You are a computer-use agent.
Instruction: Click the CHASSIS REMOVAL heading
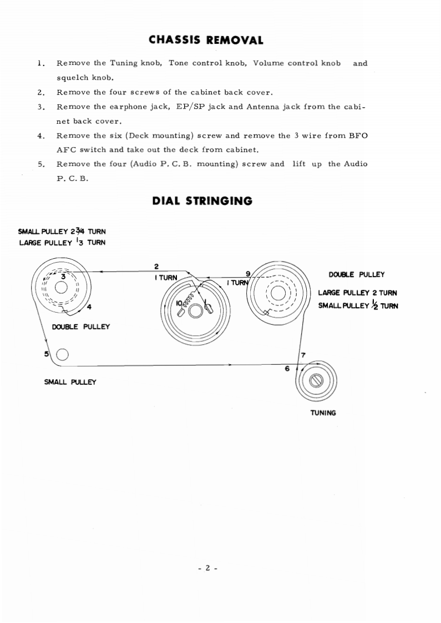point(206,40)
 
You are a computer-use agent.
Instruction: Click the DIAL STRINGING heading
point(202,201)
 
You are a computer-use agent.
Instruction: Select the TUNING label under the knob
point(323,413)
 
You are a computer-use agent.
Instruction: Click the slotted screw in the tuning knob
point(317,381)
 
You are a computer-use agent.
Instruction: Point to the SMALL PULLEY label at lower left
point(70,382)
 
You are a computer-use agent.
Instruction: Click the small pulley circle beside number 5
point(63,354)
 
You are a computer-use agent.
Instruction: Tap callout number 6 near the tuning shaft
point(287,369)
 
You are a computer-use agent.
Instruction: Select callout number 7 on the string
point(303,355)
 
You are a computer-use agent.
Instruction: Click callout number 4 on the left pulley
point(89,308)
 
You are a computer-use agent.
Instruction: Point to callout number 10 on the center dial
point(179,303)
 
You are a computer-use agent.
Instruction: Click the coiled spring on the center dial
point(189,300)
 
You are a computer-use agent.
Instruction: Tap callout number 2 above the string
point(157,266)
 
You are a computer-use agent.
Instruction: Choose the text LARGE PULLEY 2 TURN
point(357,293)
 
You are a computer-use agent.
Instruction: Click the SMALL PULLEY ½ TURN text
point(358,305)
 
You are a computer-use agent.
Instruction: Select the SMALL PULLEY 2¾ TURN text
point(62,232)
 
